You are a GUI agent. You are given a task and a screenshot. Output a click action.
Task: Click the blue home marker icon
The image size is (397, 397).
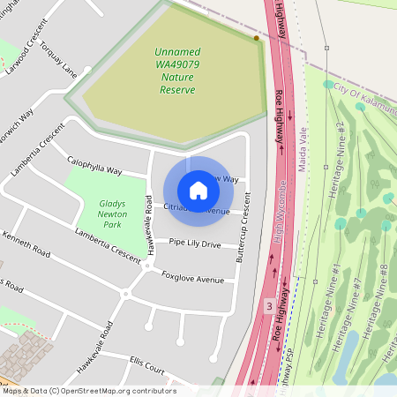(x=198, y=190)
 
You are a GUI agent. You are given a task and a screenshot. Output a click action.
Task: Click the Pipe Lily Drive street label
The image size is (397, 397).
(x=194, y=243)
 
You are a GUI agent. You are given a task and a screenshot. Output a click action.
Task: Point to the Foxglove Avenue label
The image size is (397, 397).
(x=193, y=279)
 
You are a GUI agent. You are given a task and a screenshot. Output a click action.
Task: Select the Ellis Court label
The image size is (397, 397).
(x=146, y=362)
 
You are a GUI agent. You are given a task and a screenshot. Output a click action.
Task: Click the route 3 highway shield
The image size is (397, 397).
(x=267, y=305)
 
